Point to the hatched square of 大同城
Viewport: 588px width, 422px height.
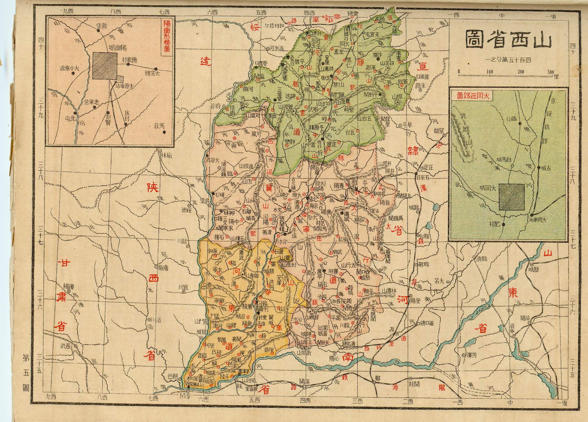[512, 197]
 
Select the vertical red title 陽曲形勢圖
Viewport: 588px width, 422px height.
[167, 37]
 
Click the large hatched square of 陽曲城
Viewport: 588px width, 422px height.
[105, 66]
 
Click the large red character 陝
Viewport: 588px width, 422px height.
[153, 187]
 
